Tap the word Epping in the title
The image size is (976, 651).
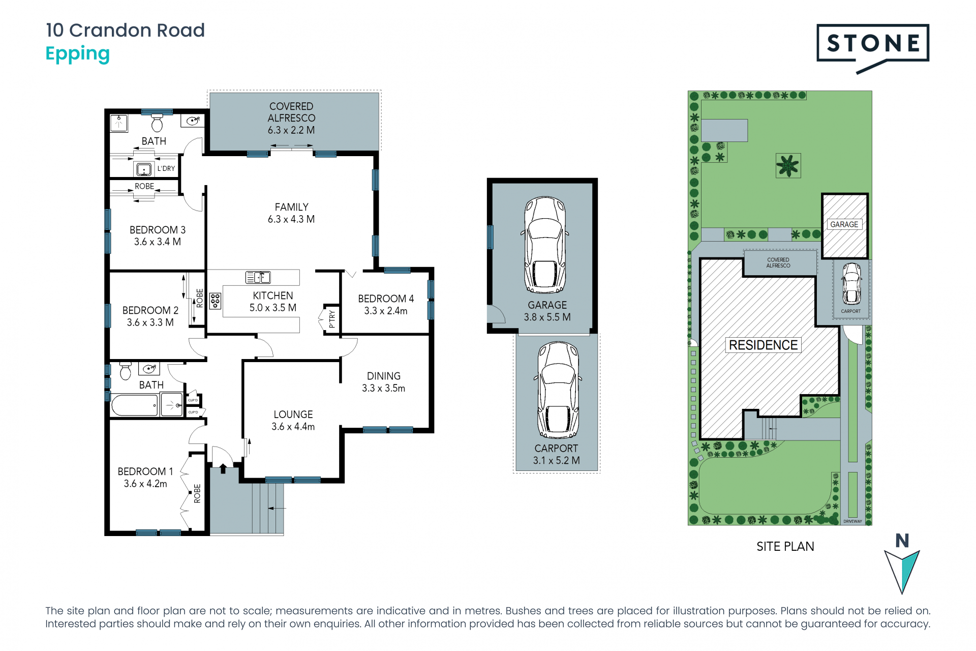(77, 54)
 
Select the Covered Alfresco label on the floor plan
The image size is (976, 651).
(291, 118)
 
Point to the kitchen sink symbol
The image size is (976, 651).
(258, 277)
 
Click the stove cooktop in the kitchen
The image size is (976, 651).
(215, 301)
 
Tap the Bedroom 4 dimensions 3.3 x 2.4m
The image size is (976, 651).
(386, 311)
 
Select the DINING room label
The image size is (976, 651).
(384, 376)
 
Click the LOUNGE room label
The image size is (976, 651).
(293, 415)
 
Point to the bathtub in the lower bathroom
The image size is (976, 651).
(135, 405)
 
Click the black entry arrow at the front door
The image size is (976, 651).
(223, 468)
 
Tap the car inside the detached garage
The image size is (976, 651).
(545, 245)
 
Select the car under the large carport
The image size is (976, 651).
(558, 390)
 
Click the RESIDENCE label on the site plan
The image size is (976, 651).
(763, 345)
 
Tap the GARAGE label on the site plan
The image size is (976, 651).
(844, 224)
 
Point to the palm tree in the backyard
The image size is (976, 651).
(788, 166)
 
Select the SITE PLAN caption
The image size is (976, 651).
(785, 546)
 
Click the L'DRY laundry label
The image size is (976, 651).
(166, 168)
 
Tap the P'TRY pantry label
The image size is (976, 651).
(332, 319)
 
